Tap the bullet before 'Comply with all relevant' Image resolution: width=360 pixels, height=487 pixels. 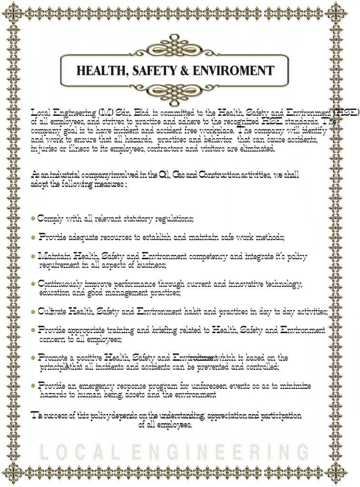33,219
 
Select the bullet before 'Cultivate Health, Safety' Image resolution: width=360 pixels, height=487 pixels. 33,312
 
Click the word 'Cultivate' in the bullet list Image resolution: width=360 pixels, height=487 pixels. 52,312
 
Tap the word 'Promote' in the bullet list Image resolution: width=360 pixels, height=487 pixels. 53,357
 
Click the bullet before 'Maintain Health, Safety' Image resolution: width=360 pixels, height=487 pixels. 33,256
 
